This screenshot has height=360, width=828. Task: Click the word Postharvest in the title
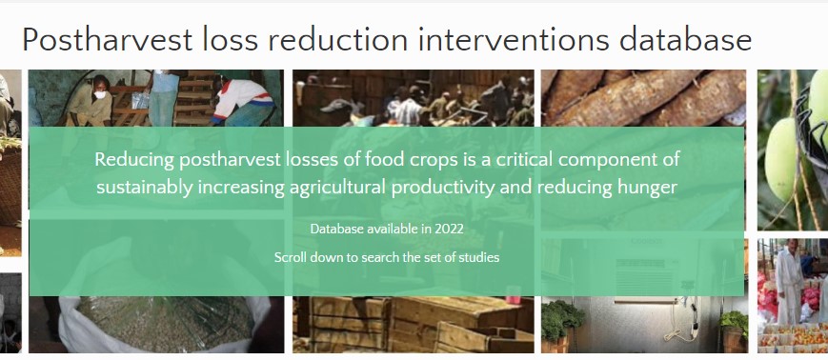point(108,40)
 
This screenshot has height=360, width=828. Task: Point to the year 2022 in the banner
point(450,230)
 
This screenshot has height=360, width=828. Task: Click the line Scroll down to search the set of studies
point(387,257)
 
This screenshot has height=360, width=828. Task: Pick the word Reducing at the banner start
point(134,160)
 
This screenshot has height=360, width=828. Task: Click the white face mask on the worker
point(101,94)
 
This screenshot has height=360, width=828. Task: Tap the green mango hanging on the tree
point(781,159)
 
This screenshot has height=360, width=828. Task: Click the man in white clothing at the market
point(789,281)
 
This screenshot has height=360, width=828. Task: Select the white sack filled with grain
point(165,322)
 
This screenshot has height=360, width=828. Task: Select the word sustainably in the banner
point(145,188)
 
